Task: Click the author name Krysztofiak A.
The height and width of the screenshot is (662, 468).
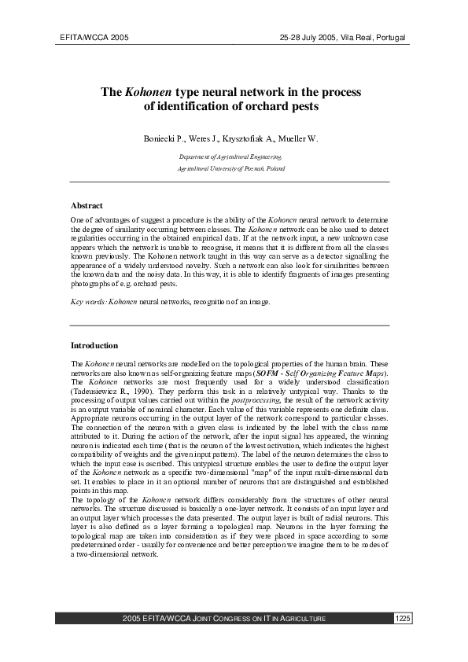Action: (x=248, y=139)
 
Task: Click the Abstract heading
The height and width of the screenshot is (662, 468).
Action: (x=87, y=205)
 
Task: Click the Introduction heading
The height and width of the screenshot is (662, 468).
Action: (x=94, y=345)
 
